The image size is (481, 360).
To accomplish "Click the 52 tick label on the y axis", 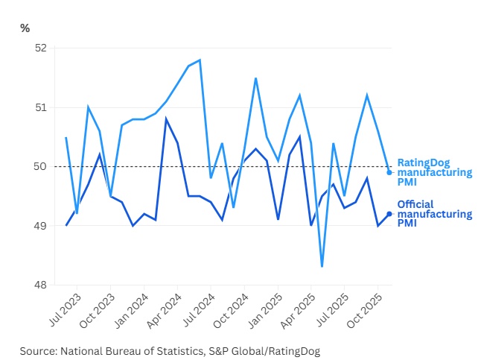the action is click(x=41, y=48).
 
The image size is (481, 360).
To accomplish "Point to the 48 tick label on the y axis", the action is click(x=41, y=285).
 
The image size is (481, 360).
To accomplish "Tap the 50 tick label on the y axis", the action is click(x=41, y=166).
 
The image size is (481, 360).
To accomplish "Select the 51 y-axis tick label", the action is click(x=41, y=107).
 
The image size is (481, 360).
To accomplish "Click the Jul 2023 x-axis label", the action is click(x=66, y=309).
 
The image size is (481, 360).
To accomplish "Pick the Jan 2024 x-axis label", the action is click(x=131, y=311).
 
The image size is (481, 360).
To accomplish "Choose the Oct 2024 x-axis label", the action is click(x=231, y=311).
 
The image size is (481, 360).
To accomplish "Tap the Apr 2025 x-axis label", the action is click(x=298, y=311).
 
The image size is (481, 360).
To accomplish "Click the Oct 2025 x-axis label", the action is click(x=365, y=311).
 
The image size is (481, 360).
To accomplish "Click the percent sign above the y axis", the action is click(x=25, y=28).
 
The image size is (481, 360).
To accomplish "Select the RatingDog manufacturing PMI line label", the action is click(x=435, y=172).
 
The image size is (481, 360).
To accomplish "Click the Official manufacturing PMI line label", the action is click(x=435, y=214).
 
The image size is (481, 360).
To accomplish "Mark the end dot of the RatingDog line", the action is click(x=389, y=173).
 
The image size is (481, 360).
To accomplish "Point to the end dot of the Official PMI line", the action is click(x=389, y=214).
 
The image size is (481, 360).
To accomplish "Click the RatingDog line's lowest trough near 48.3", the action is click(x=322, y=267).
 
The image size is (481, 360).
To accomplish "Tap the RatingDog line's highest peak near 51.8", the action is click(x=200, y=60).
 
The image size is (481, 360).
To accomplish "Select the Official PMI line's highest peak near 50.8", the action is click(x=166, y=119).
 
